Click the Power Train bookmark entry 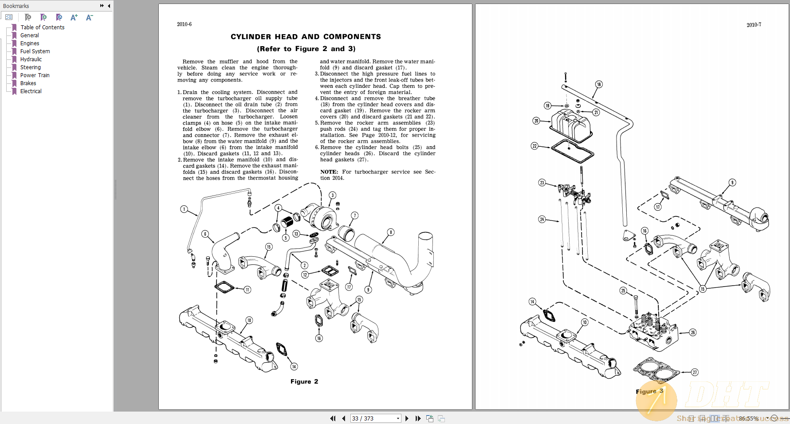click(35, 75)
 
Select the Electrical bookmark click(31, 91)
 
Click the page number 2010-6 click(184, 24)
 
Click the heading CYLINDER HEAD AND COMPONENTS click(306, 37)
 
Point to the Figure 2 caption click(304, 381)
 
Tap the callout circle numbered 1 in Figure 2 click(184, 209)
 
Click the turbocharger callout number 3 click(333, 195)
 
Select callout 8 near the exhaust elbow click(391, 232)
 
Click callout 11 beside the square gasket click(248, 290)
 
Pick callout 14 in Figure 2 click(294, 366)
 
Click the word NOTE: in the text click(329, 172)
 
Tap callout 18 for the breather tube click(599, 84)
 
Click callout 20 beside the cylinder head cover click(536, 121)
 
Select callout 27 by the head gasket click(695, 373)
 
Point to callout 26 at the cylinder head click(693, 333)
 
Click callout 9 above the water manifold click(732, 182)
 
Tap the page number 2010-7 click(754, 25)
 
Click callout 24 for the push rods click(542, 219)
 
